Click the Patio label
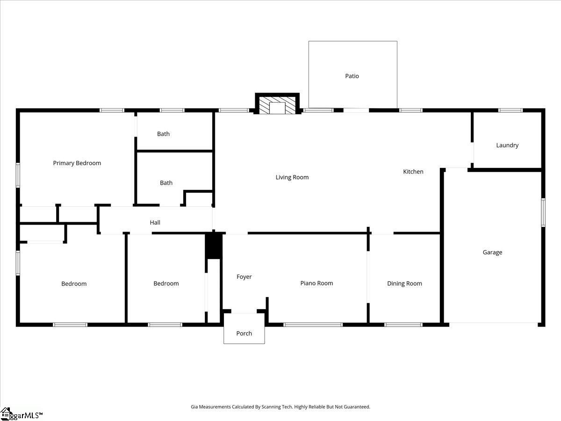[352, 76]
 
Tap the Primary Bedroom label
[77, 163]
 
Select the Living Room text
[292, 177]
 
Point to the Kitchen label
[413, 172]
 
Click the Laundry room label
[507, 145]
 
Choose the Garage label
[492, 253]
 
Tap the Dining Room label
[404, 283]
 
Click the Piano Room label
[316, 283]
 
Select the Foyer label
[244, 277]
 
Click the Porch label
[244, 334]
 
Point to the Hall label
[155, 223]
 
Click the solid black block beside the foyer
[214, 246]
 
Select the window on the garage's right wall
[543, 213]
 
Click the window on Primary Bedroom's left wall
[18, 175]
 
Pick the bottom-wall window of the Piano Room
[313, 324]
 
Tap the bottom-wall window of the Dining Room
[403, 324]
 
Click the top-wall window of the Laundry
[510, 110]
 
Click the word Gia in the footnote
[194, 407]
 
